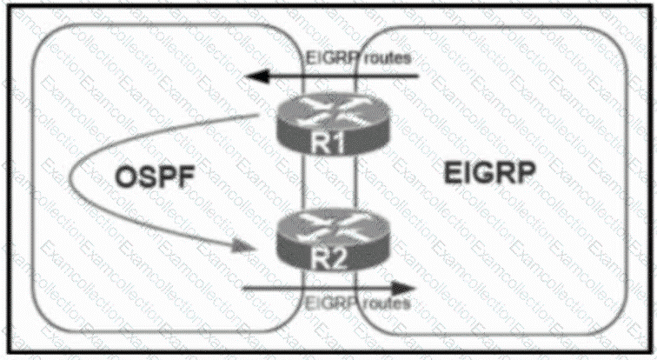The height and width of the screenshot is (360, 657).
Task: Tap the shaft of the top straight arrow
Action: (x=348, y=78)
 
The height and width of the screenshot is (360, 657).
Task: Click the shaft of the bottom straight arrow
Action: (x=322, y=288)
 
